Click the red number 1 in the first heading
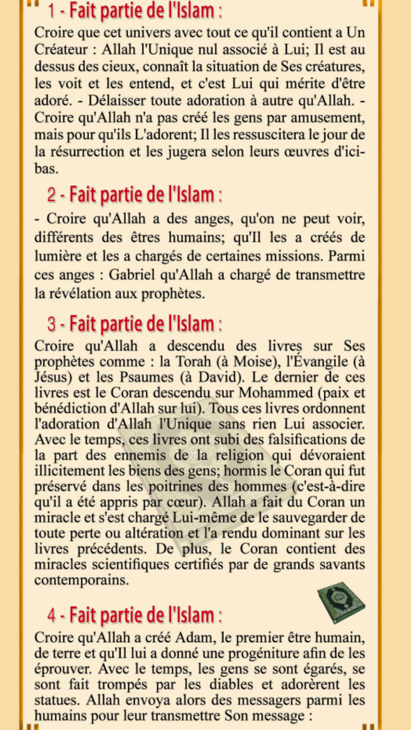point(52,11)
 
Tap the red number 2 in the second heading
point(52,195)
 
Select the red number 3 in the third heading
point(52,324)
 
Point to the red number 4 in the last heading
point(52,616)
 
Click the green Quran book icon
point(341,603)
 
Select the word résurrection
point(87,151)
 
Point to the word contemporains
point(81,580)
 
